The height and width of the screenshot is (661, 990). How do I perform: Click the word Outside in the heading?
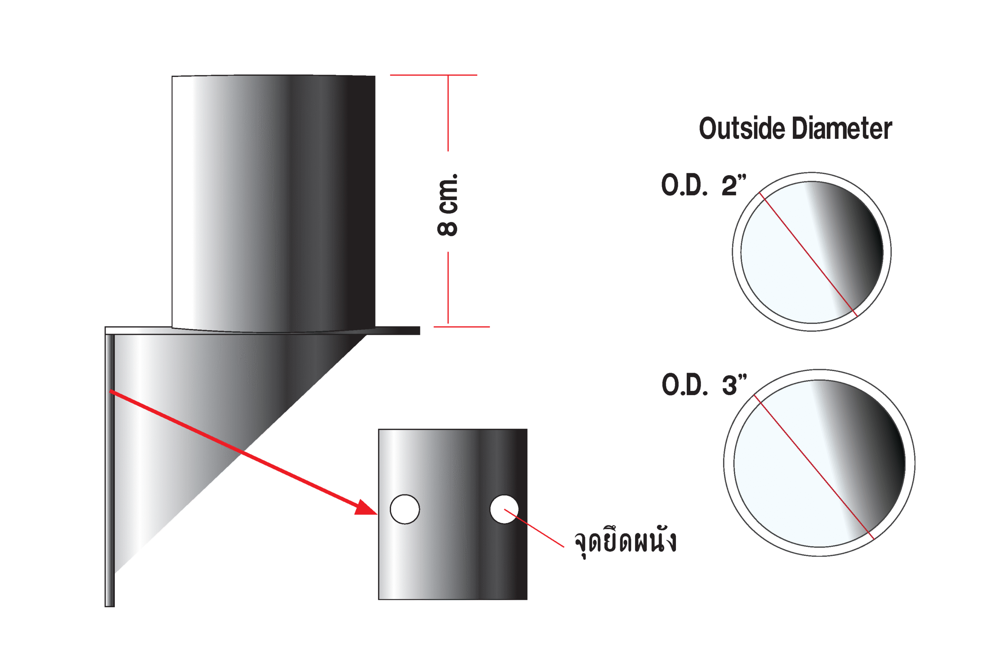pyautogui.click(x=742, y=129)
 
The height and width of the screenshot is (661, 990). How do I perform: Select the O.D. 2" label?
pyautogui.click(x=703, y=186)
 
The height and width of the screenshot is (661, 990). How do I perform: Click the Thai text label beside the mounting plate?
pyautogui.click(x=625, y=542)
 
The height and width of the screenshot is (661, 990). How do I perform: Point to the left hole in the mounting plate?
pyautogui.click(x=405, y=509)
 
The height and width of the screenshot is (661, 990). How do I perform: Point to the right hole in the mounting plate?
pyautogui.click(x=504, y=509)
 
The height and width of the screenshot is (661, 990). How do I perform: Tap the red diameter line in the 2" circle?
pyautogui.click(x=808, y=254)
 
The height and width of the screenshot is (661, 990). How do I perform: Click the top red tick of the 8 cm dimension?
pyautogui.click(x=434, y=75)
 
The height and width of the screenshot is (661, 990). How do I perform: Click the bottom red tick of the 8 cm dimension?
pyautogui.click(x=462, y=327)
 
